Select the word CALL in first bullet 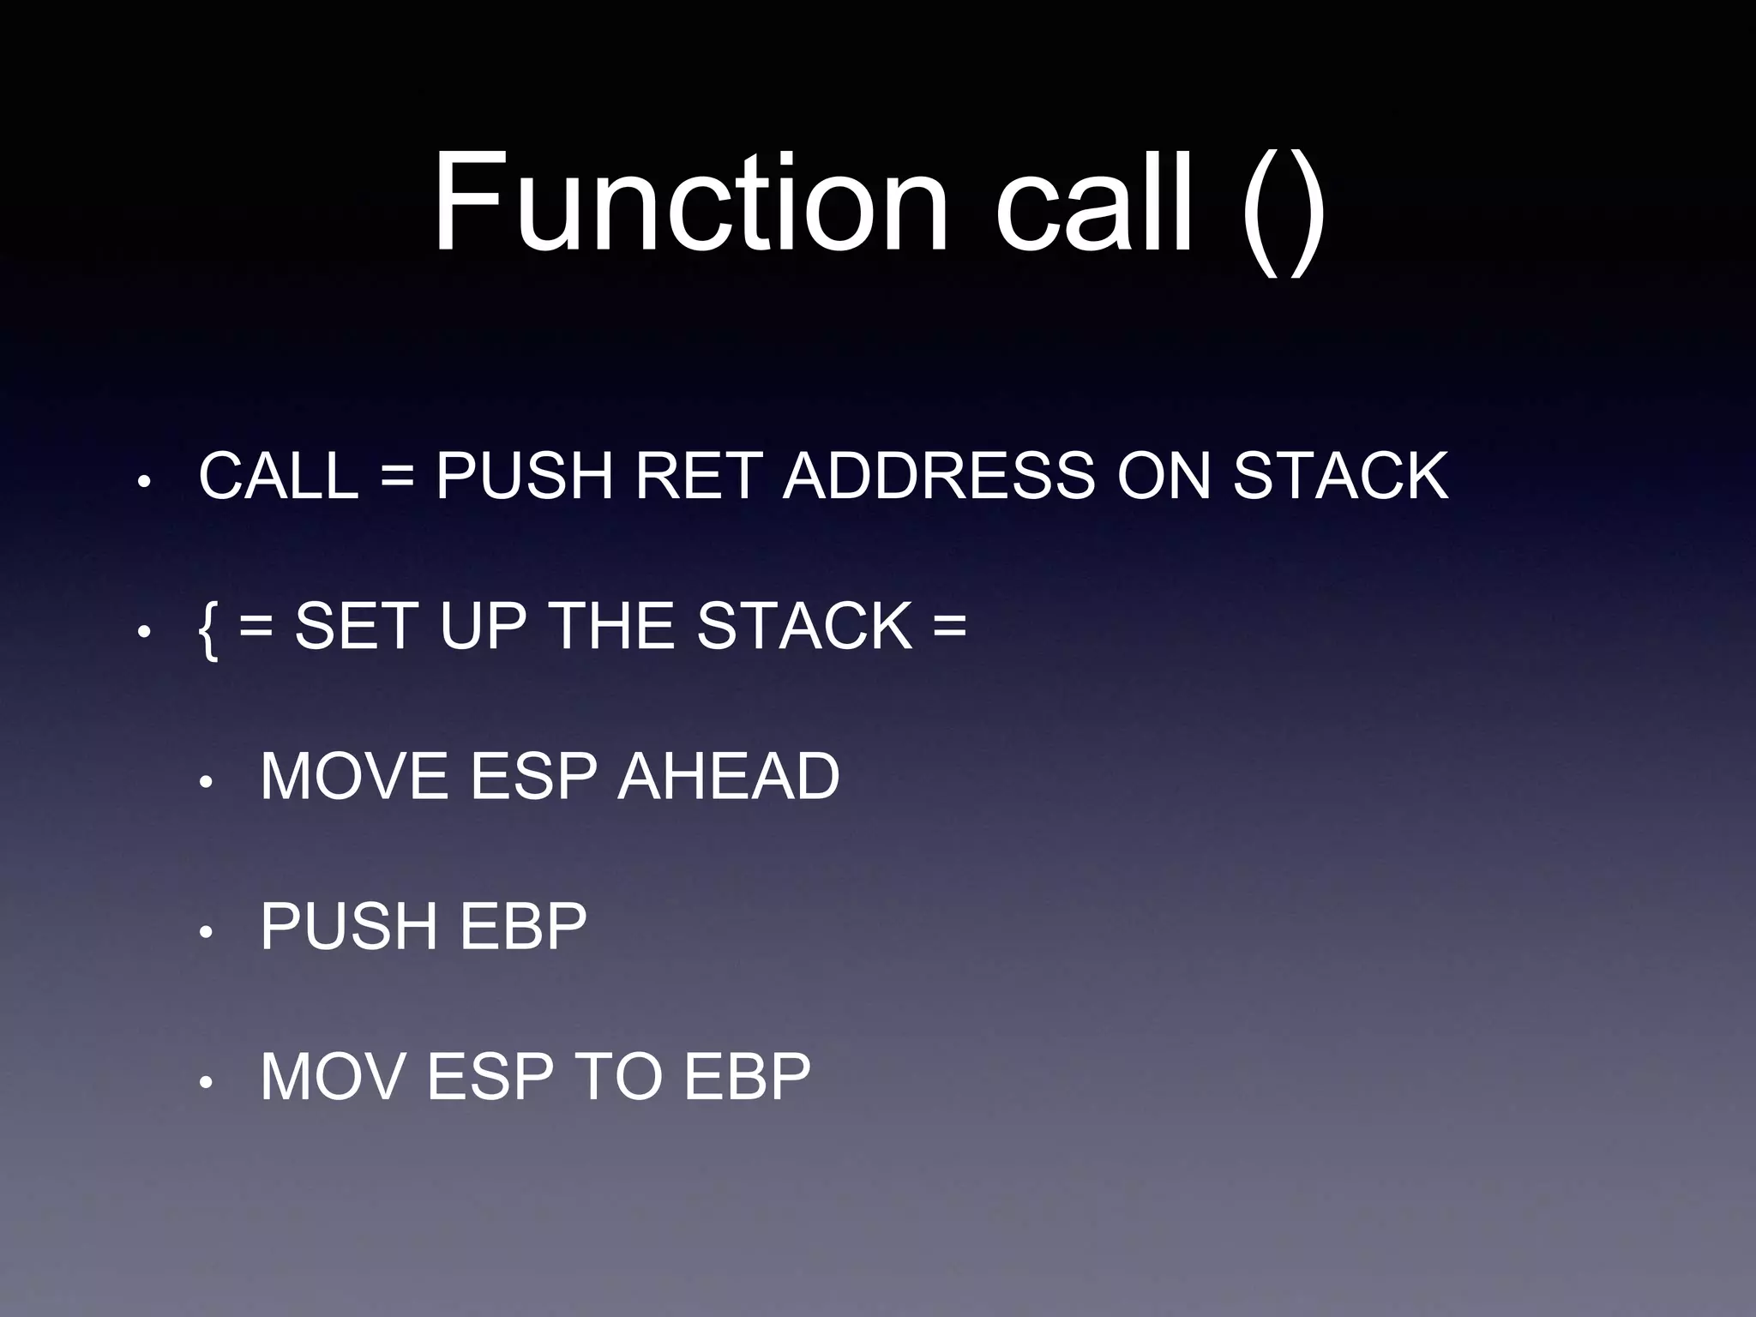coord(278,476)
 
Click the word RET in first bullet coord(698,476)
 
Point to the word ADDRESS coord(938,476)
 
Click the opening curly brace coord(207,628)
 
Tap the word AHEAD coord(728,777)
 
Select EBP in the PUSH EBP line coord(523,927)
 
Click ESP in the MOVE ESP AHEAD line coord(533,777)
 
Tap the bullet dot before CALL coord(145,483)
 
